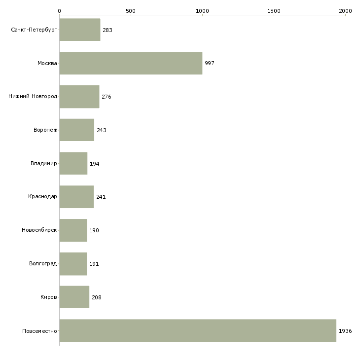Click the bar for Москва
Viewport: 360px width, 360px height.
click(x=131, y=63)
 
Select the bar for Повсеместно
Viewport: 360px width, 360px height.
click(x=198, y=330)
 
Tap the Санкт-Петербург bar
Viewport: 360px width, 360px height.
click(x=80, y=30)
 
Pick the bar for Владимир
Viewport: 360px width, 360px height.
click(x=73, y=163)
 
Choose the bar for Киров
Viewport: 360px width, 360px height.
click(x=74, y=297)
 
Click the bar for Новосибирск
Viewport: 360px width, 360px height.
click(x=73, y=230)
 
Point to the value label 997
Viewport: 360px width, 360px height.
click(x=210, y=63)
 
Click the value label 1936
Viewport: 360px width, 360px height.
click(x=345, y=331)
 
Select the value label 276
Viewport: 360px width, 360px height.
click(x=107, y=97)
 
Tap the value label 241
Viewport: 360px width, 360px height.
click(x=101, y=197)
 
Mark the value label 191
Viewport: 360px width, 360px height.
click(x=94, y=264)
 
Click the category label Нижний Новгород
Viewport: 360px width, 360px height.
click(x=33, y=96)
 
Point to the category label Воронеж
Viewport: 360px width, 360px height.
click(x=45, y=130)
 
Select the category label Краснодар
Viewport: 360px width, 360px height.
click(x=42, y=197)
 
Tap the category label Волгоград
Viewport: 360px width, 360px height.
click(x=43, y=263)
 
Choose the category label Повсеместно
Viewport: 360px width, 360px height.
click(x=39, y=331)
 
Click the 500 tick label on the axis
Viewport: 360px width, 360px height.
click(x=131, y=11)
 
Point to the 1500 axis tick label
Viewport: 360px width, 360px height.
click(x=274, y=11)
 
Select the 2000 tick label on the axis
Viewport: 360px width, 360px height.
click(x=345, y=11)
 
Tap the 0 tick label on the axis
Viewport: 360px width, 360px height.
click(x=60, y=11)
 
